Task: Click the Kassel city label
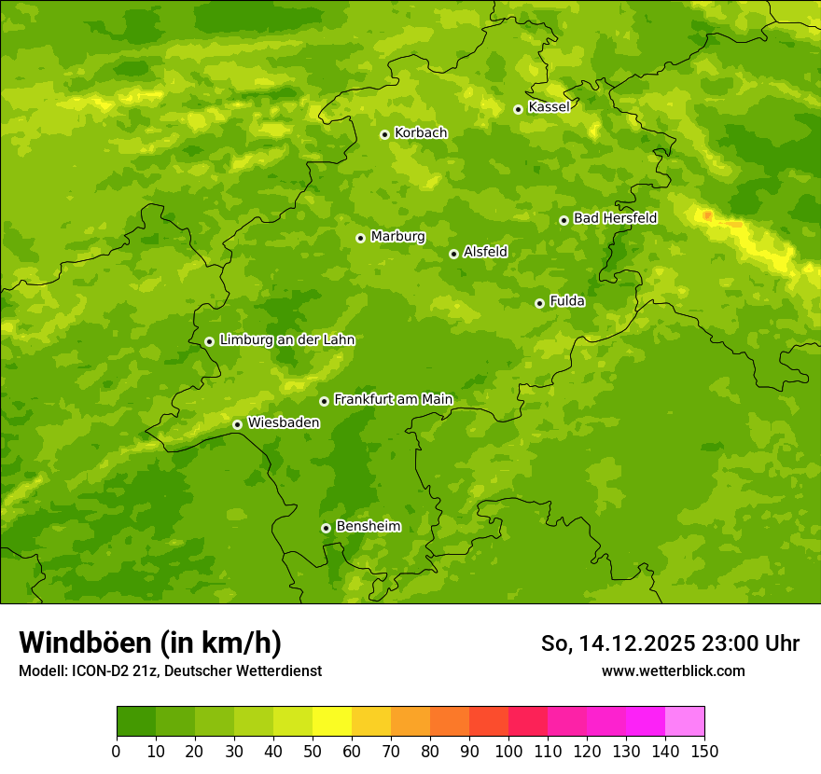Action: click(x=549, y=107)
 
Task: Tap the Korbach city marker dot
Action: click(x=384, y=134)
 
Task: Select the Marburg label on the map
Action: click(x=397, y=237)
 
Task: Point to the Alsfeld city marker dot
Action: click(x=453, y=254)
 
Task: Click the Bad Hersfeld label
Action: click(x=615, y=218)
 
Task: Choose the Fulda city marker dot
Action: click(x=539, y=303)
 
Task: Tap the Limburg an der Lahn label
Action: click(x=286, y=340)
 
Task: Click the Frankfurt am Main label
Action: click(x=393, y=399)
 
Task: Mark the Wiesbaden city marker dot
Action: click(x=237, y=424)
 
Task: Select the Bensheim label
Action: click(x=368, y=526)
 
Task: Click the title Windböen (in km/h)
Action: click(x=150, y=643)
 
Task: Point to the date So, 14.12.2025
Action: click(x=618, y=643)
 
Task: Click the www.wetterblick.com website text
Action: click(x=673, y=670)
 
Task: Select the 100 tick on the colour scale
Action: click(x=508, y=751)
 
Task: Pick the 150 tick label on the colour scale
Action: click(x=704, y=751)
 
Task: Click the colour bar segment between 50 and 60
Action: click(x=332, y=722)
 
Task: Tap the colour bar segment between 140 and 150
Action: click(x=685, y=722)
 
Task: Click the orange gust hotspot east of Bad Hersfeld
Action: click(x=708, y=216)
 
